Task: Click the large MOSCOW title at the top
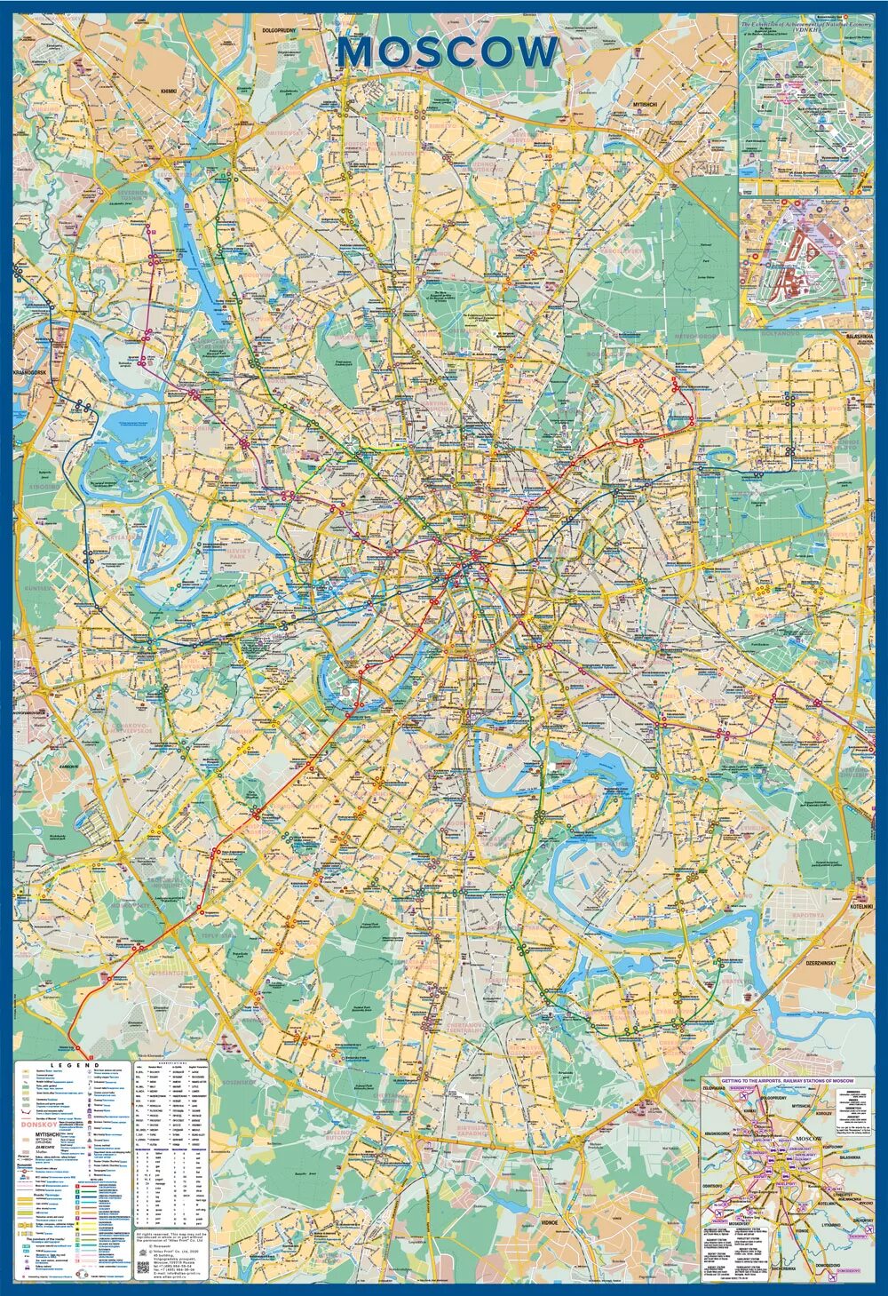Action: click(448, 52)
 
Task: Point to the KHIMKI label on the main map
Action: click(170, 91)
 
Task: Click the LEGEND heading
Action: click(75, 1063)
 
